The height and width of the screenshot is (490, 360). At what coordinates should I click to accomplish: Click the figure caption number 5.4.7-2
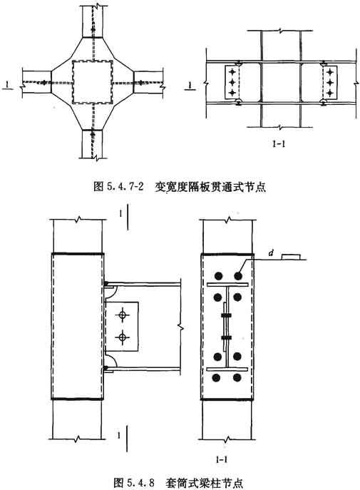(x=123, y=187)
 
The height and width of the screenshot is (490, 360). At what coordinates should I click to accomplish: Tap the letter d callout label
(x=271, y=253)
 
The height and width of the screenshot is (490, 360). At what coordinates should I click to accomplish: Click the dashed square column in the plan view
(x=92, y=82)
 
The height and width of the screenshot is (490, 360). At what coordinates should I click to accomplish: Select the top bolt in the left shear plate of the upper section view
(x=232, y=73)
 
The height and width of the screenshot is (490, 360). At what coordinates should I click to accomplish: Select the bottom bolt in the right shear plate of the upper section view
(x=330, y=93)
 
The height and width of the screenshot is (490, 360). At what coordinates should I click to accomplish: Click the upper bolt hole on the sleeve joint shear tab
(x=123, y=315)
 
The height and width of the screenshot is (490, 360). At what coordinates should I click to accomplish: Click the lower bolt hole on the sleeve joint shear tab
(x=123, y=337)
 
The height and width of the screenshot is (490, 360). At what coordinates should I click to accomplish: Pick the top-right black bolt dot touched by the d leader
(x=238, y=275)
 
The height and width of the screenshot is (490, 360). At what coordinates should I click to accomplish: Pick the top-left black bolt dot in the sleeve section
(x=218, y=275)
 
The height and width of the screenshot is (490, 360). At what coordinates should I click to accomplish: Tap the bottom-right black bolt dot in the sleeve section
(x=237, y=377)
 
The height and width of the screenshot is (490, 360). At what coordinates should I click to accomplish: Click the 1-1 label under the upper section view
(x=279, y=144)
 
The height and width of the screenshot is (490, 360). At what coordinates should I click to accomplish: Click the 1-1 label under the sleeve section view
(x=221, y=459)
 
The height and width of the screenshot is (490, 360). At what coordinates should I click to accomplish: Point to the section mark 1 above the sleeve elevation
(x=120, y=214)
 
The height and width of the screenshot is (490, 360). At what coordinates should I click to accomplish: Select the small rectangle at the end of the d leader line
(x=292, y=257)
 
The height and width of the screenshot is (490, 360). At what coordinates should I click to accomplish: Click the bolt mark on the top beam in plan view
(x=93, y=29)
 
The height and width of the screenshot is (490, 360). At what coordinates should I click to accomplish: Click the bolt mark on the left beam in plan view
(x=44, y=83)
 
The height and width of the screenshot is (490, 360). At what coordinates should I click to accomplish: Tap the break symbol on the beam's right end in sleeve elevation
(x=180, y=327)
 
